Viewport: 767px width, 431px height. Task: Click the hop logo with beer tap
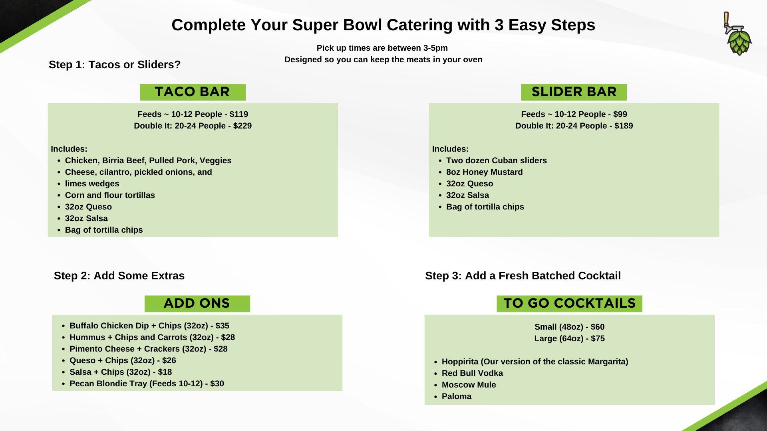(x=738, y=34)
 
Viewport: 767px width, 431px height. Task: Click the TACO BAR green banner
(x=193, y=92)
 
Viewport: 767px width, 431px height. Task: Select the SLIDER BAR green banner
(x=574, y=92)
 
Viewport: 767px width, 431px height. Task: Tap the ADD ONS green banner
(x=197, y=304)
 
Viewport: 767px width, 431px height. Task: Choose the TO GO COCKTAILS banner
(x=569, y=304)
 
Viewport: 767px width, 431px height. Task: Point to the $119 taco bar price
(x=239, y=115)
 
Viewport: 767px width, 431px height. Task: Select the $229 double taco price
(x=242, y=126)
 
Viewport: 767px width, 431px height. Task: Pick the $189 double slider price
(x=624, y=126)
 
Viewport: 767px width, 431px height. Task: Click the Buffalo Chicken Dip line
(x=149, y=326)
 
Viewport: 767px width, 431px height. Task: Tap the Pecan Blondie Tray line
(x=147, y=384)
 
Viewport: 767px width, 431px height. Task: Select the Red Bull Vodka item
(x=472, y=374)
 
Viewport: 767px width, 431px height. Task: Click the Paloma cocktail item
(x=457, y=397)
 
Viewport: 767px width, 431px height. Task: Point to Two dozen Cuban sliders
(x=497, y=161)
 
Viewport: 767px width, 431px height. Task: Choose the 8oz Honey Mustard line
(x=484, y=172)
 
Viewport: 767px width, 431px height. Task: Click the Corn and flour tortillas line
(x=110, y=196)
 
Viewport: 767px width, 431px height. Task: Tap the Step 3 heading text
(x=523, y=276)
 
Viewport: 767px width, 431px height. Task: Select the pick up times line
(x=382, y=48)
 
